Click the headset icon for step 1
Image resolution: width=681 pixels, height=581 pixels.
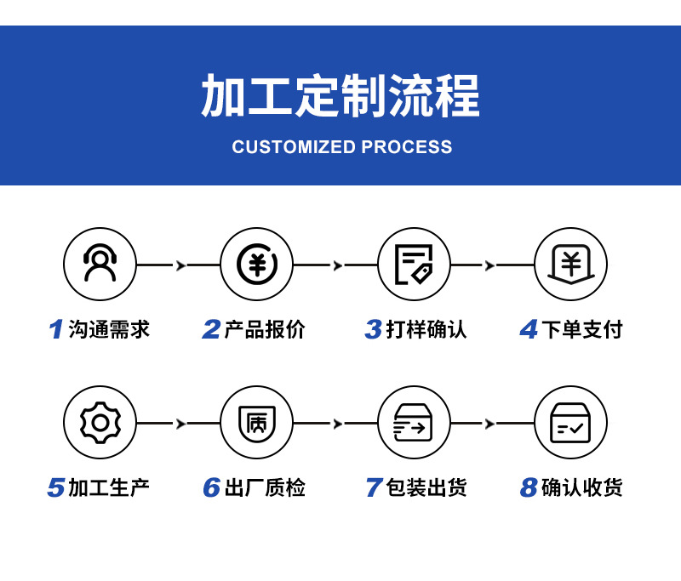[x=100, y=264]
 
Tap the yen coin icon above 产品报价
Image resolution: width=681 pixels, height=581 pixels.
[x=256, y=264]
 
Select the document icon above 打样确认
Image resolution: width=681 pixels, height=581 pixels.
[x=414, y=264]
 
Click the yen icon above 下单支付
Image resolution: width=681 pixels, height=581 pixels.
[x=570, y=264]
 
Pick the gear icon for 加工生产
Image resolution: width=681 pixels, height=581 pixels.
[x=100, y=422]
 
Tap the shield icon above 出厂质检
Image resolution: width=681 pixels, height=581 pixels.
[x=256, y=422]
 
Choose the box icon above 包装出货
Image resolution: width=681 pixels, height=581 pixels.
[x=414, y=422]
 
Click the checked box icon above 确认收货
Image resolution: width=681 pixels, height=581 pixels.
[x=570, y=422]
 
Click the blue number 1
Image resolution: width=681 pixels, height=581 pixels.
[x=56, y=329]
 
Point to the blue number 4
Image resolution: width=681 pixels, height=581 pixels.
[x=529, y=329]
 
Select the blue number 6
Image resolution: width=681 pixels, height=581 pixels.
[x=211, y=488]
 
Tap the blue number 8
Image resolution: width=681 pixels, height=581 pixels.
[x=529, y=488]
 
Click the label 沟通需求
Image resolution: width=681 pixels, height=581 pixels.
[x=109, y=329]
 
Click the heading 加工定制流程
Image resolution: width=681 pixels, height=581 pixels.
[x=340, y=95]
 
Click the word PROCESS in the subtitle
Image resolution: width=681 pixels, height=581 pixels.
[x=407, y=147]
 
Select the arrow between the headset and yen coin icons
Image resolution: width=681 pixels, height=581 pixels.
[x=180, y=265]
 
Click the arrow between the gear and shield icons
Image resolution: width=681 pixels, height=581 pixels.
[x=180, y=424]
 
